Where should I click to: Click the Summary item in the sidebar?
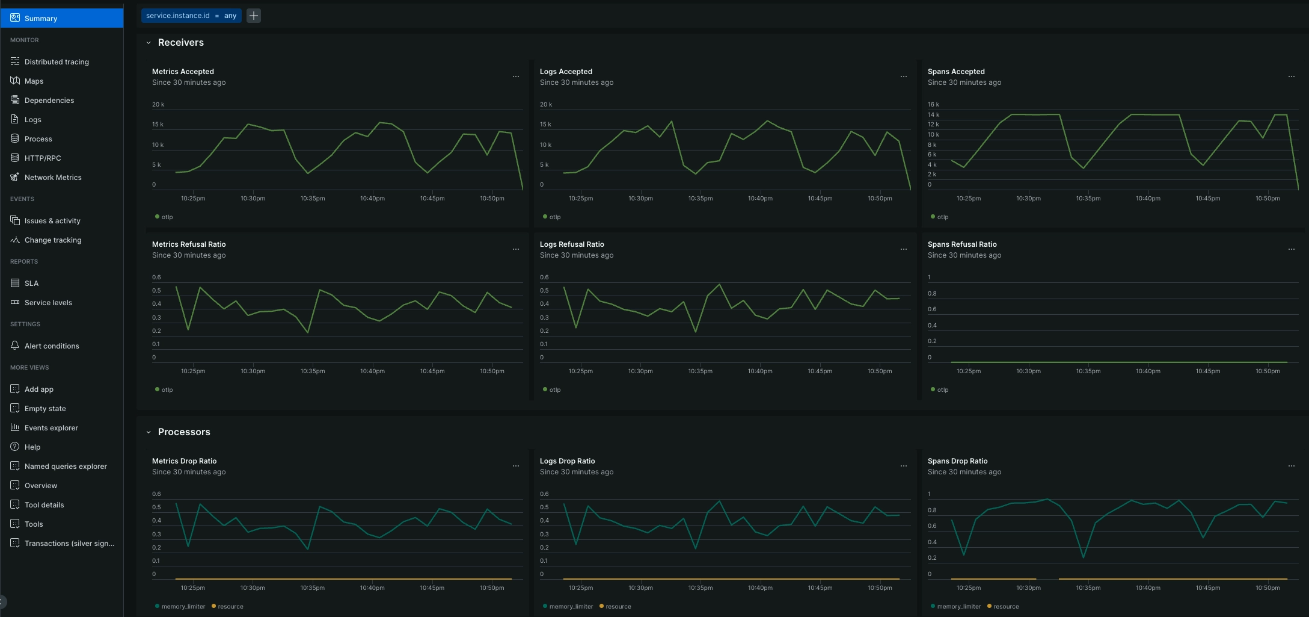coord(40,19)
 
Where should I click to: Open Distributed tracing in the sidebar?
coord(57,62)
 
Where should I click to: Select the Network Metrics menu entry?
coord(53,178)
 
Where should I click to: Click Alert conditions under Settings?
coord(52,346)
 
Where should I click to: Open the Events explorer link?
coord(51,428)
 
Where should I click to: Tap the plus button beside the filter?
coord(254,16)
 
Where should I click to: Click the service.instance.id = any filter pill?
coord(191,16)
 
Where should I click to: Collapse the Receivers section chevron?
coord(149,43)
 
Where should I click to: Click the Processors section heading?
coord(184,432)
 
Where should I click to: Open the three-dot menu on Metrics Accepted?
coord(515,76)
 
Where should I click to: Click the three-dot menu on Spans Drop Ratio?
coord(1291,466)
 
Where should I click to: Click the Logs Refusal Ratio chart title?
coord(572,244)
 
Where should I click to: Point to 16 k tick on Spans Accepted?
coord(933,105)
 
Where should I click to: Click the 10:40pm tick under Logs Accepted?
coord(760,199)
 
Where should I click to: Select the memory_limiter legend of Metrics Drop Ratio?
coord(183,607)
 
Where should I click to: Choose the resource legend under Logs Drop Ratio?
coord(618,607)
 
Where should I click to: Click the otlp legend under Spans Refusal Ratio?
coord(942,390)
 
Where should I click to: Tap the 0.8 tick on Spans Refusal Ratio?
coord(932,294)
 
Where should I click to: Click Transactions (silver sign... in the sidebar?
coord(69,544)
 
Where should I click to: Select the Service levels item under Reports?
coord(48,303)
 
